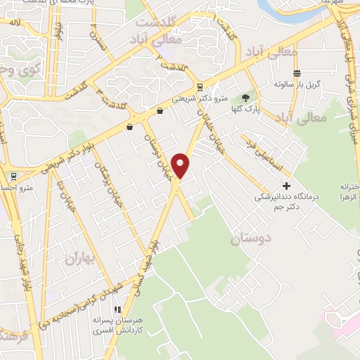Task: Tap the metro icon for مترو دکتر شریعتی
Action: (200, 88)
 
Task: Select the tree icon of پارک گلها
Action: (245, 98)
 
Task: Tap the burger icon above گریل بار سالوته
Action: (297, 73)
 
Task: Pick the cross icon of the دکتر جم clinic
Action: (285, 186)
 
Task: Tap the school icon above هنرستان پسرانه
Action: (119, 309)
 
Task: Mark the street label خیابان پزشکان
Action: (105, 183)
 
